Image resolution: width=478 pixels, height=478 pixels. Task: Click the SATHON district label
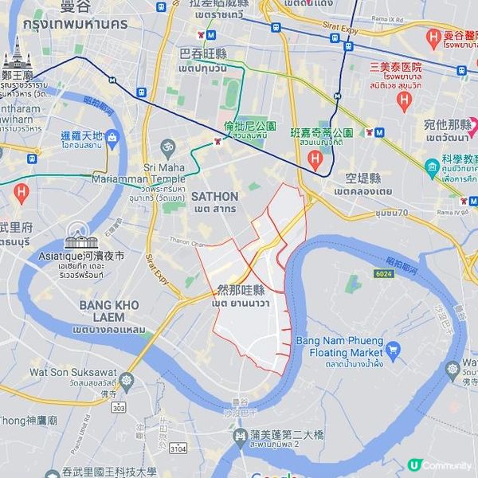(x=214, y=196)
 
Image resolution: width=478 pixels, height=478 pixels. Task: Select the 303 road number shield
(x=118, y=407)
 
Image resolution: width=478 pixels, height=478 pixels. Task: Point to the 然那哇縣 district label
(x=241, y=290)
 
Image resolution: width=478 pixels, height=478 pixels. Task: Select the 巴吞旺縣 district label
(x=203, y=55)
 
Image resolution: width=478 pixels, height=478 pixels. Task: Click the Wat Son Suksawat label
(x=73, y=372)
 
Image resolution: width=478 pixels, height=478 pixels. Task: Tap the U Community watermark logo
(x=414, y=464)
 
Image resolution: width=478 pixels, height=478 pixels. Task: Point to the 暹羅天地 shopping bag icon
(x=112, y=138)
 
